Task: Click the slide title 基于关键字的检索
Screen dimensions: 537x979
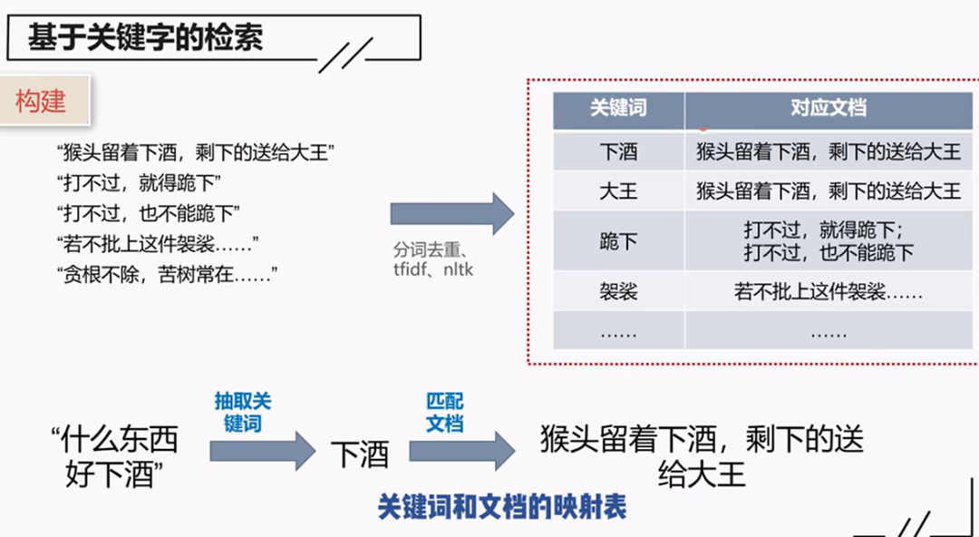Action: pyautogui.click(x=145, y=39)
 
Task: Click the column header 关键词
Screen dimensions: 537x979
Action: pyautogui.click(x=618, y=109)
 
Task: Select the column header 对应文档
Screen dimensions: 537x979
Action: pyautogui.click(x=828, y=109)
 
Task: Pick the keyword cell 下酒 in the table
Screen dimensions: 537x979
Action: pyautogui.click(x=618, y=151)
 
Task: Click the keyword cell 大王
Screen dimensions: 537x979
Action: pyautogui.click(x=618, y=190)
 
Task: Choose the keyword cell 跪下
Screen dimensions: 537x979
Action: pyautogui.click(x=618, y=240)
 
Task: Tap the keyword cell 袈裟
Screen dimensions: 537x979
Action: pyautogui.click(x=618, y=292)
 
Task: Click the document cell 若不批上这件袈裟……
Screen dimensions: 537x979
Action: pyautogui.click(x=828, y=292)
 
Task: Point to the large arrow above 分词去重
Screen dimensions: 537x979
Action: pyautogui.click(x=451, y=213)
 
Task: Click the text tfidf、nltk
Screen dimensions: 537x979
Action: pyautogui.click(x=433, y=269)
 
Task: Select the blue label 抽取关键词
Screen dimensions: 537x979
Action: pyautogui.click(x=243, y=413)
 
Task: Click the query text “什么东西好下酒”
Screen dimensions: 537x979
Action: pyautogui.click(x=113, y=458)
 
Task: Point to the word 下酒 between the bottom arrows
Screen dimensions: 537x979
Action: pyautogui.click(x=360, y=454)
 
